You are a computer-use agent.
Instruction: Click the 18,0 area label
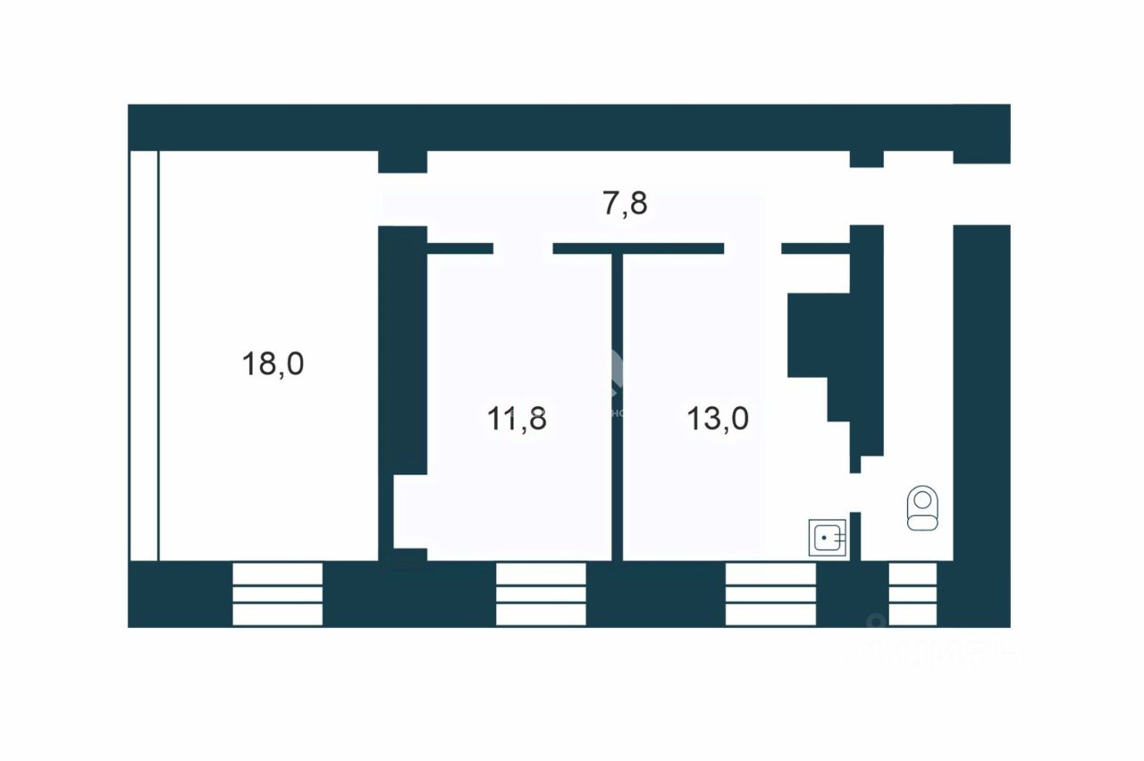(273, 364)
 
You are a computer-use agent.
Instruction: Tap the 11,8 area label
(517, 418)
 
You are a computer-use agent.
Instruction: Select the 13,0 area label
(718, 418)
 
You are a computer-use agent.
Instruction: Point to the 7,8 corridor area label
(625, 205)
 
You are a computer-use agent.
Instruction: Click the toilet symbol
(921, 508)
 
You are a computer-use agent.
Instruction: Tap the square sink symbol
(828, 539)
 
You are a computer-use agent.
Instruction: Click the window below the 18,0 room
(277, 594)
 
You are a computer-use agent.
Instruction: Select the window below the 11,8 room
(541, 594)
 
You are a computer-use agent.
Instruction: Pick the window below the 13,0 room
(770, 594)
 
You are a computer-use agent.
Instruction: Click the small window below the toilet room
(913, 594)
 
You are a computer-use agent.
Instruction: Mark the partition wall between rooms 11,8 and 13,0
(617, 406)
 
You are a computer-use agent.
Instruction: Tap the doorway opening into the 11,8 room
(523, 248)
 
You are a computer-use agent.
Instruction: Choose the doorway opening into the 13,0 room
(753, 248)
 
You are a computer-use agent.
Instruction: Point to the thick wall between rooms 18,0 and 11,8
(402, 348)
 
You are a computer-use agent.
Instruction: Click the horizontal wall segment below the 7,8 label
(638, 248)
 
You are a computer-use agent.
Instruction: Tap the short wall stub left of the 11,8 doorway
(460, 248)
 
